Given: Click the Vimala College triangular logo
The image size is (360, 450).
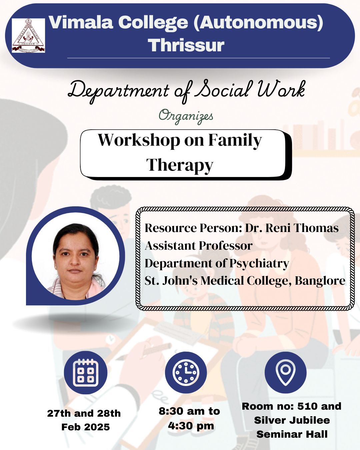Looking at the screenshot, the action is pyautogui.click(x=28, y=35).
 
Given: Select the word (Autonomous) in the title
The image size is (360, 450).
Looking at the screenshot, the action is pyautogui.click(x=259, y=23).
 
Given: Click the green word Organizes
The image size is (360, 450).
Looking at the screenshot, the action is pyautogui.click(x=186, y=116).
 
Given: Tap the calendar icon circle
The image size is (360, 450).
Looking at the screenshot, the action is pyautogui.click(x=86, y=372).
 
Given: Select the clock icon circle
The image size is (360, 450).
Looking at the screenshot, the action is pyautogui.click(x=186, y=372).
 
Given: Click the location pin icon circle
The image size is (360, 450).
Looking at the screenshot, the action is pyautogui.click(x=285, y=372).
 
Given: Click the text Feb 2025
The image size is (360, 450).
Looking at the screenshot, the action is pyautogui.click(x=86, y=427).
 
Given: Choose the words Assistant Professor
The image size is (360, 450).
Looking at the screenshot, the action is pyautogui.click(x=199, y=246).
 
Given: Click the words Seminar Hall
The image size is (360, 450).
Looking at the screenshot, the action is pyautogui.click(x=292, y=434).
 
